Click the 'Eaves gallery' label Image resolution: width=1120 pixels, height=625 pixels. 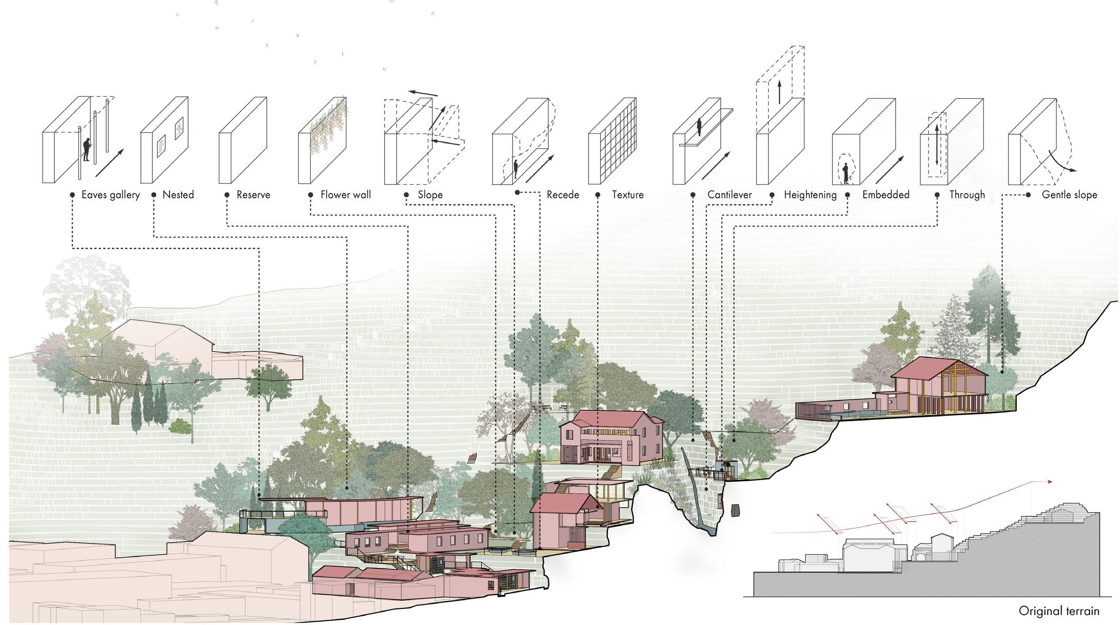click(x=110, y=195)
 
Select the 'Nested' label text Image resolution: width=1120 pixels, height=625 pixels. click(x=178, y=195)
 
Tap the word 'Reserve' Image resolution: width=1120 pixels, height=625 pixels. click(x=253, y=195)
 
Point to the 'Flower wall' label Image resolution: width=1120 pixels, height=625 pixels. click(x=345, y=195)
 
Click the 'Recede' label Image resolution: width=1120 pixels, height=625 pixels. click(x=563, y=195)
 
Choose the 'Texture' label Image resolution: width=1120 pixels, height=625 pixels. click(x=628, y=195)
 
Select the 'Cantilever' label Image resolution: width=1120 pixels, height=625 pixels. click(x=729, y=195)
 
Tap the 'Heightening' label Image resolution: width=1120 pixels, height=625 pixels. click(x=810, y=195)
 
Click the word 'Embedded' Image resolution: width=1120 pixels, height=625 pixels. click(x=885, y=195)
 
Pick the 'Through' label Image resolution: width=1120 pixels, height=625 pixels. click(x=967, y=195)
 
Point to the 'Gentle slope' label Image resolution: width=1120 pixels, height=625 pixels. click(x=1069, y=195)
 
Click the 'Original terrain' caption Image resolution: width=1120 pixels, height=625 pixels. click(x=1058, y=610)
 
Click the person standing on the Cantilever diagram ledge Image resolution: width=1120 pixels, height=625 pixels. click(x=699, y=128)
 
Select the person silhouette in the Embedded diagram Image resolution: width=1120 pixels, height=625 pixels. click(x=846, y=173)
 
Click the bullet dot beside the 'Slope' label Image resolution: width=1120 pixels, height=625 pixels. click(x=406, y=195)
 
